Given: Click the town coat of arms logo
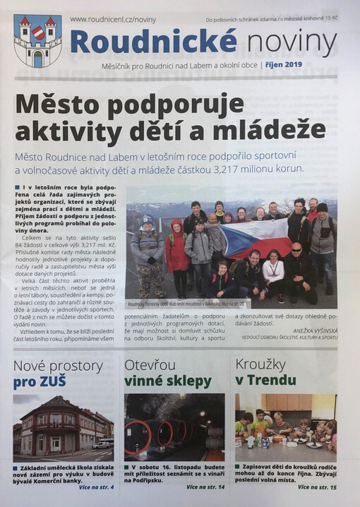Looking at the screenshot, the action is pos(37,41).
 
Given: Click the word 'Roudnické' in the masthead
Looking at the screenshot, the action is pos(153,42).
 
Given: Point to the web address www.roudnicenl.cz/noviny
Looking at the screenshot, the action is pos(113,20).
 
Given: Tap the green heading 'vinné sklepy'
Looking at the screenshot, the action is pos(168,382).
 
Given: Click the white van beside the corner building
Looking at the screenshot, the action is pos(103,444).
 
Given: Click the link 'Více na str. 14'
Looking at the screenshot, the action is pos(206,487).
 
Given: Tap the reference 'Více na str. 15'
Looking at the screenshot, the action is pos(317,487).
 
